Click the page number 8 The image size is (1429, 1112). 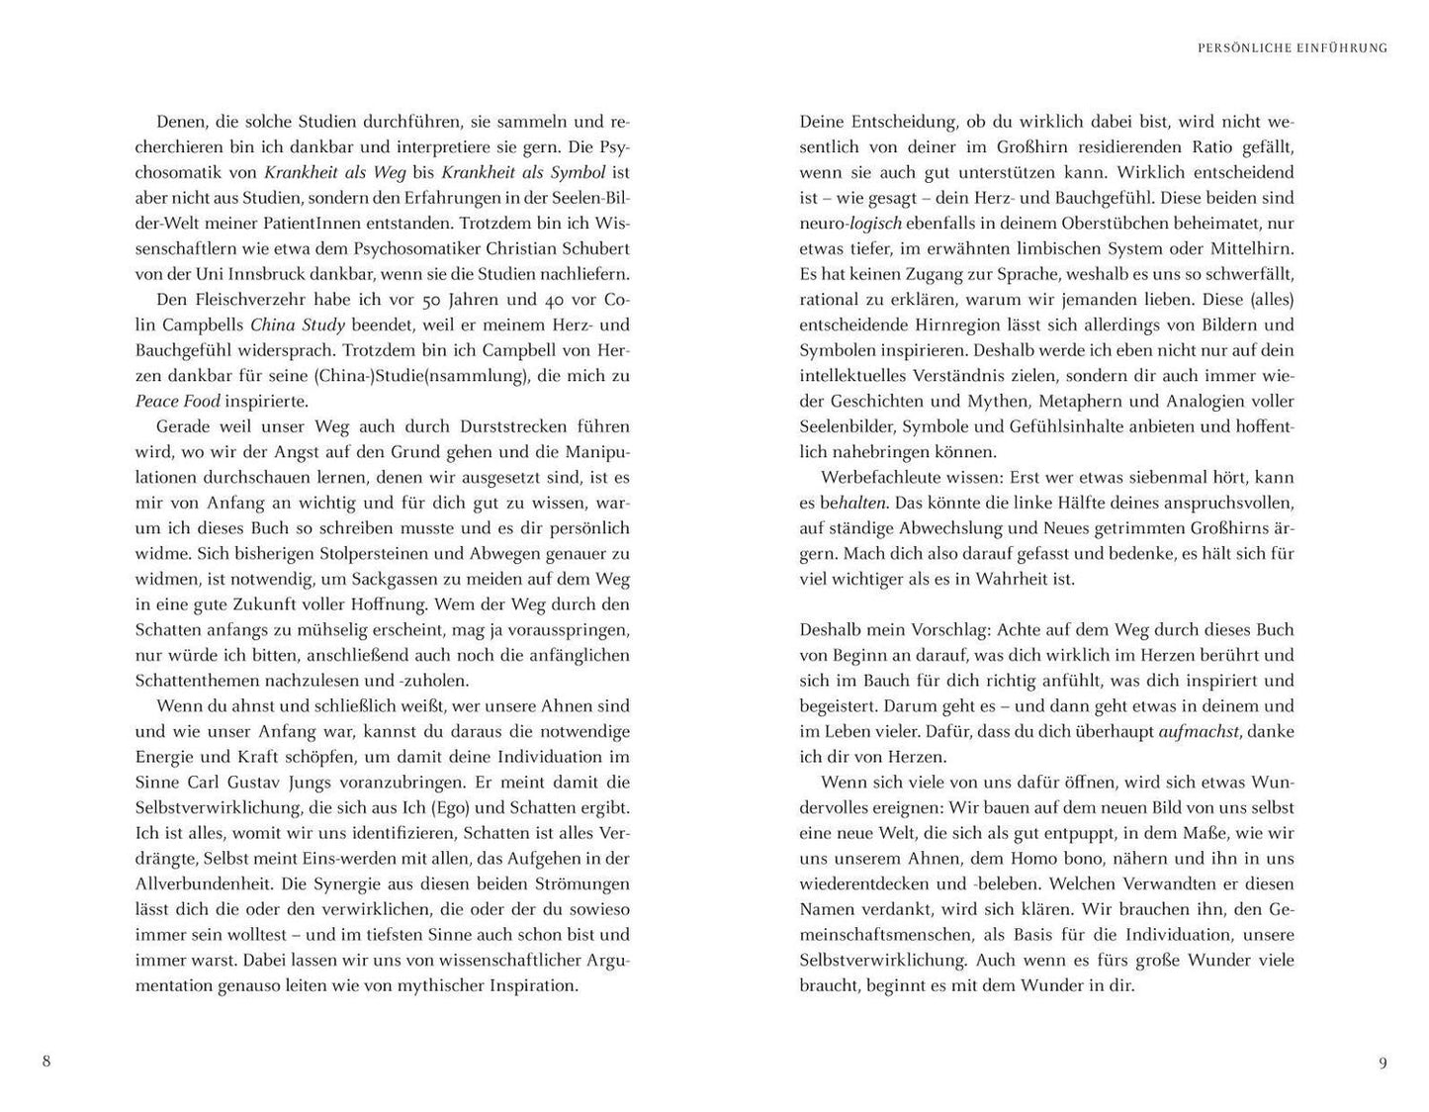(46, 1063)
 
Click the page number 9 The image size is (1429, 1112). (1383, 1064)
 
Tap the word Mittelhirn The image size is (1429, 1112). (1249, 249)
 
